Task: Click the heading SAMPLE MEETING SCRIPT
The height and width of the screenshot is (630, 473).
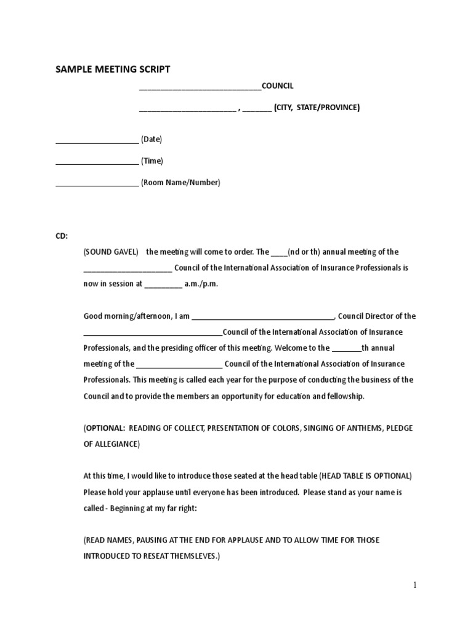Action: pos(113,70)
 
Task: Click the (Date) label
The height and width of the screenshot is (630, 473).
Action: pos(152,140)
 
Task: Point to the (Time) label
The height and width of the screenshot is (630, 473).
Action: pos(152,161)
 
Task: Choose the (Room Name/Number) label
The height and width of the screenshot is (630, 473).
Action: pos(180,183)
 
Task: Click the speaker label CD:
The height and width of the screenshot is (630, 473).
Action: pos(63,236)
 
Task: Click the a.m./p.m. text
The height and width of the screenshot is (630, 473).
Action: pos(201,284)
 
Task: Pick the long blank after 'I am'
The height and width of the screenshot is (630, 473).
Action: pos(263,317)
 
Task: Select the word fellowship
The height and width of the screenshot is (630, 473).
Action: pos(346,397)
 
